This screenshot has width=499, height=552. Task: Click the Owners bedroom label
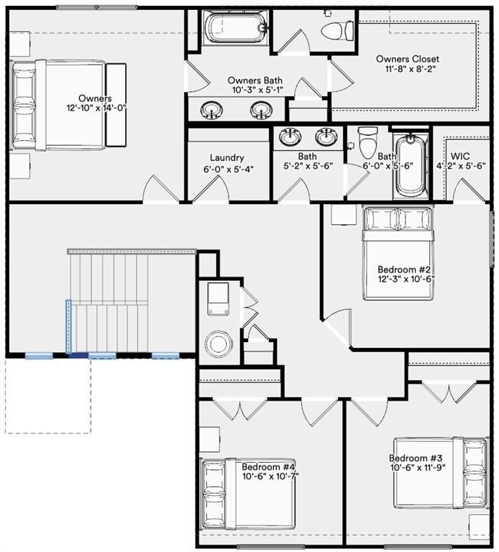tap(95, 98)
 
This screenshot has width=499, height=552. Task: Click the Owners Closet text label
tap(407, 58)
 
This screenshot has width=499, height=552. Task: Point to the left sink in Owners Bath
tap(211, 109)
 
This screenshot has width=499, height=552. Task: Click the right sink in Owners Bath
tap(260, 109)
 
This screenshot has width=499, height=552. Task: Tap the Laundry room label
tap(227, 157)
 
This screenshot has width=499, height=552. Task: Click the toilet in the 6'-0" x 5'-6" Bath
tap(368, 142)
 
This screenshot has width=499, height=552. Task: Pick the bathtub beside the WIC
tap(411, 165)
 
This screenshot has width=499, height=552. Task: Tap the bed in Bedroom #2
tap(397, 237)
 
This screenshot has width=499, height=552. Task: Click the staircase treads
tap(108, 302)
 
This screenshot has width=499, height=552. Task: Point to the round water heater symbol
tap(217, 343)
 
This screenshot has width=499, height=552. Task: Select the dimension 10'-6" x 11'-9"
tap(418, 469)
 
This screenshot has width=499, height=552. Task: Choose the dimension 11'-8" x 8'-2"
tap(407, 69)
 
